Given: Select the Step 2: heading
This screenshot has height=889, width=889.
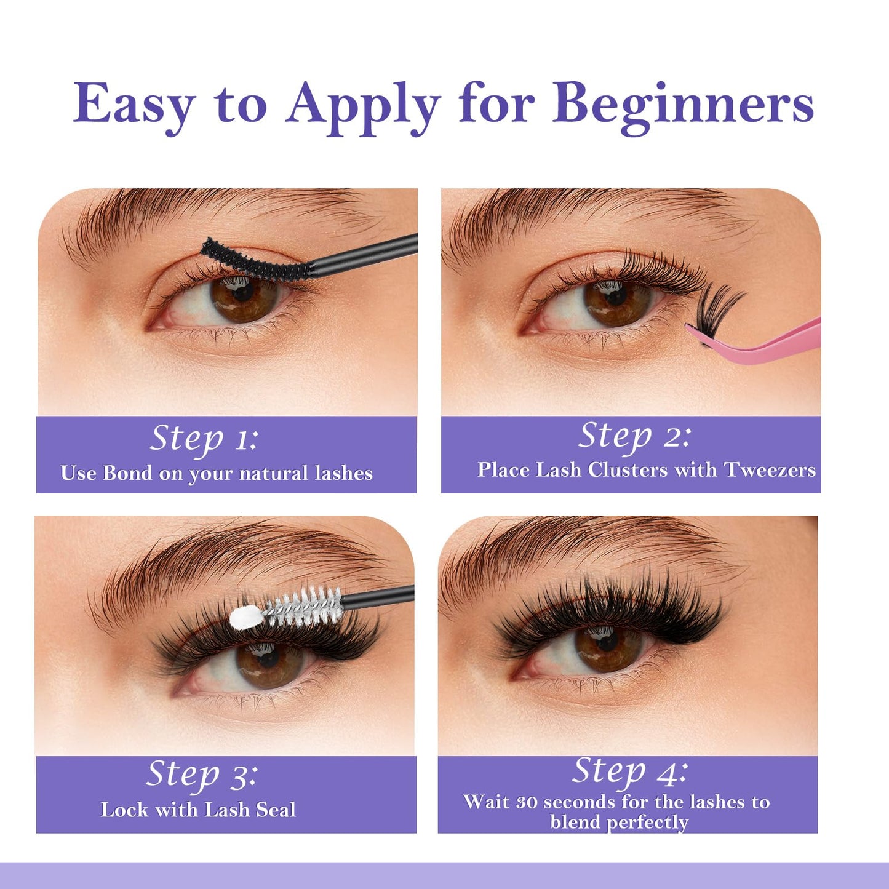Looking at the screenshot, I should click(634, 437).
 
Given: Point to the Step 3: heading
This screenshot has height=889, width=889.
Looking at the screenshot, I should click(202, 775).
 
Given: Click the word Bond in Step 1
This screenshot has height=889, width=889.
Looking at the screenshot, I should click(127, 473).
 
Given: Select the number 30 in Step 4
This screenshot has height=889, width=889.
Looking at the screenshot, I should click(527, 802).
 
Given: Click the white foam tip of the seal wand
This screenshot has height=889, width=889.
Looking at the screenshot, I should click(245, 617).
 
